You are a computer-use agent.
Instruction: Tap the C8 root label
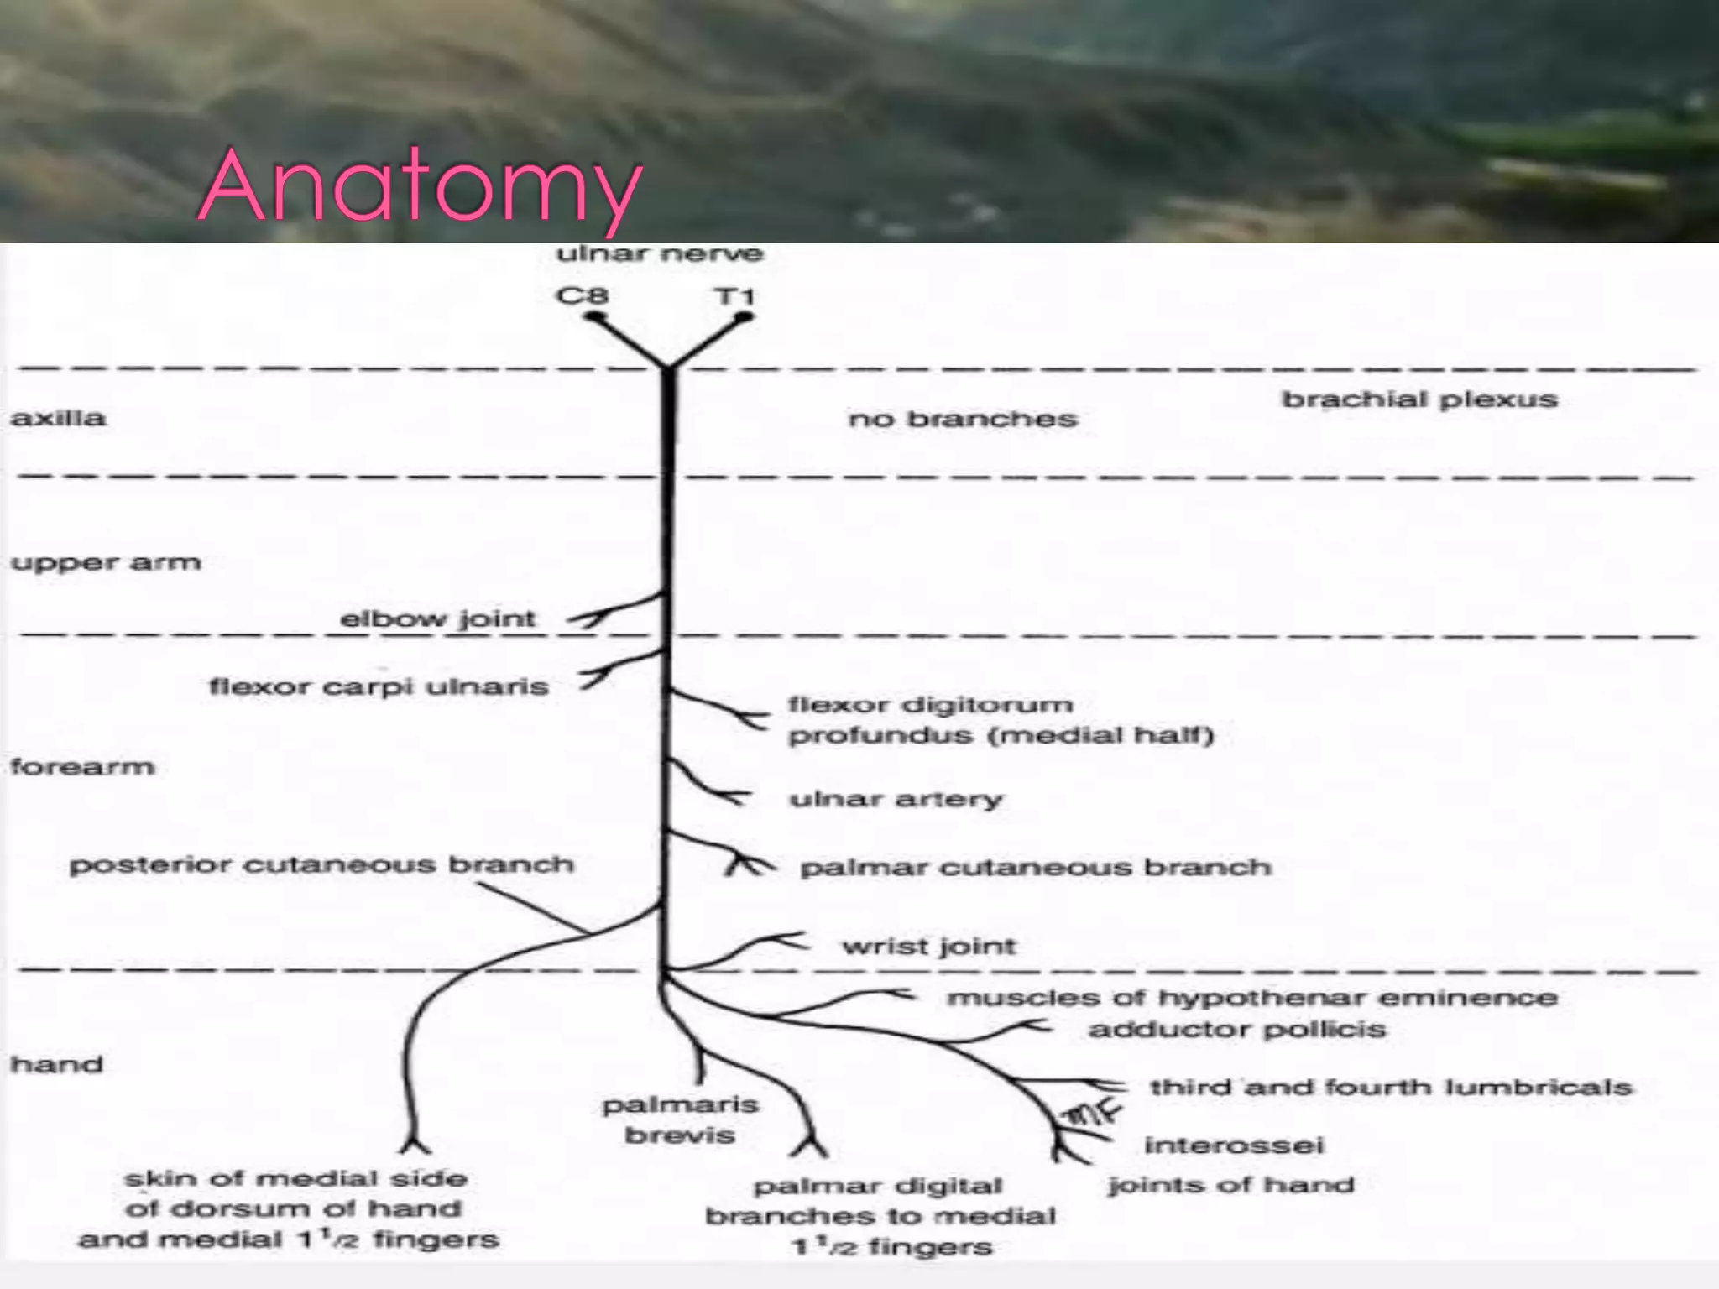click(582, 296)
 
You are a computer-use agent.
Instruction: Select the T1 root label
click(734, 296)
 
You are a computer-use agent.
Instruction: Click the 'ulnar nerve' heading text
click(660, 253)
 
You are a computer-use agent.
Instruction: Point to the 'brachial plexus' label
click(1419, 399)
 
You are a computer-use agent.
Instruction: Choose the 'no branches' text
click(963, 419)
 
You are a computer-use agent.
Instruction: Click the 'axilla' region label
click(58, 418)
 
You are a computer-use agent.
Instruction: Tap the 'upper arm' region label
click(106, 562)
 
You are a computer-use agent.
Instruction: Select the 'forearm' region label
click(82, 767)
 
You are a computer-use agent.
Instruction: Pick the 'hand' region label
click(56, 1064)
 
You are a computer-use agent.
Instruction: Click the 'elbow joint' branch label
click(437, 619)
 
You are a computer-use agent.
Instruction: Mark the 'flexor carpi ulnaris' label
click(379, 687)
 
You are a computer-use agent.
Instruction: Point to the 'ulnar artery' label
click(896, 799)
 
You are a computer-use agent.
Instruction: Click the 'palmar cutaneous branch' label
click(1036, 867)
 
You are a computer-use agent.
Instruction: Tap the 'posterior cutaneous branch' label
click(321, 865)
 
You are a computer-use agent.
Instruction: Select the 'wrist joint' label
click(929, 947)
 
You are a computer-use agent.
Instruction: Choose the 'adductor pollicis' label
click(1236, 1030)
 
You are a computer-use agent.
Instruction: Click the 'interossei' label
click(1234, 1145)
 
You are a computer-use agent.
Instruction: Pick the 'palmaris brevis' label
click(680, 1119)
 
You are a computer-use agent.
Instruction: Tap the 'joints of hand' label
click(1230, 1185)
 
